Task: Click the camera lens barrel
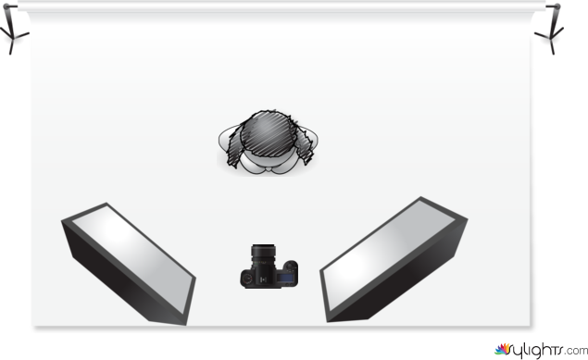(263, 254)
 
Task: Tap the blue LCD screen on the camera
(286, 278)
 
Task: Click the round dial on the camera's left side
(247, 279)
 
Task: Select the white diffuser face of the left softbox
(132, 258)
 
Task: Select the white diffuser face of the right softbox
(389, 254)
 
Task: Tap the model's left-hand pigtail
(235, 147)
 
